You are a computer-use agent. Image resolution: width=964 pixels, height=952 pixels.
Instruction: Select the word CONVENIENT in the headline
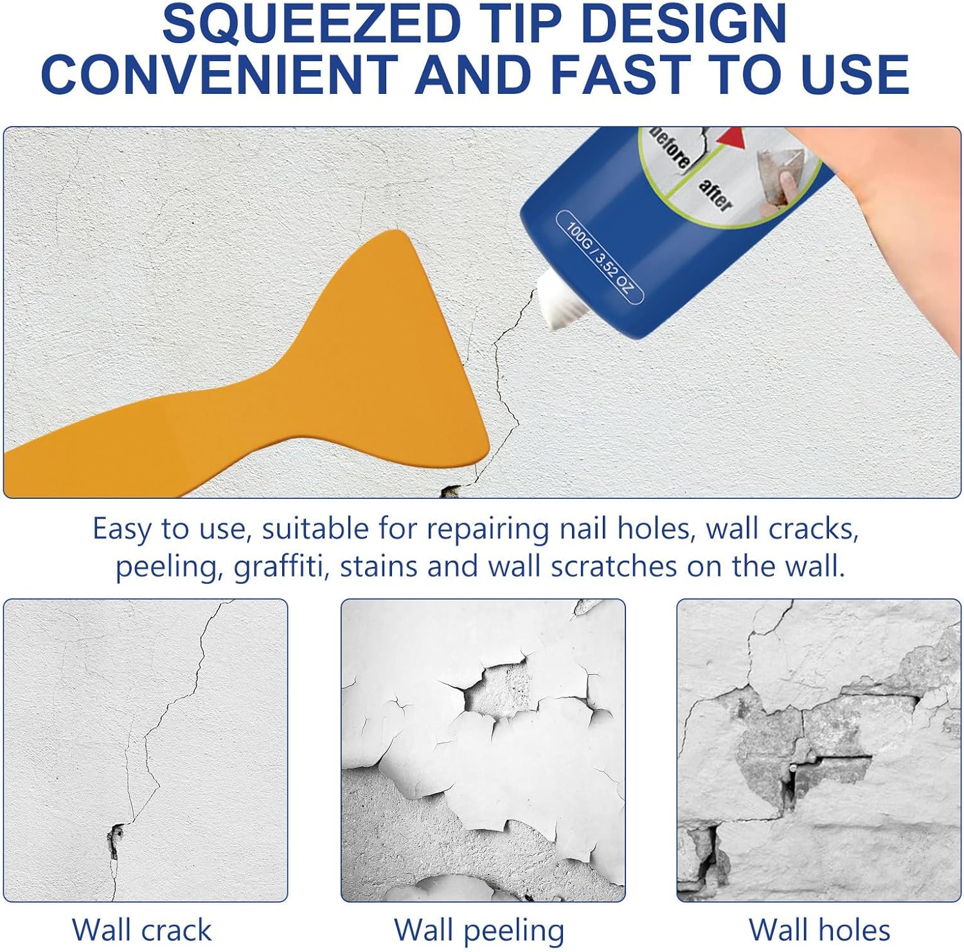219,74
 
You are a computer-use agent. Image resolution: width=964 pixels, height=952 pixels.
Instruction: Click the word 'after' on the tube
715,195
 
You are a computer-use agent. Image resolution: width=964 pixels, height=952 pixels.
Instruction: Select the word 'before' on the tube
668,148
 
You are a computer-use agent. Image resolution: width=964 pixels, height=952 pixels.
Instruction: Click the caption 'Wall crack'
141,930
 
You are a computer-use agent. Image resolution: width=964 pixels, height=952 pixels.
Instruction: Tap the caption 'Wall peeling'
479,930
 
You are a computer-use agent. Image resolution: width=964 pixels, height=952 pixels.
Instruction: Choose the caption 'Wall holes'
819,930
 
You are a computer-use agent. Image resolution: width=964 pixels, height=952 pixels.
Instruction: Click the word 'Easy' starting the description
122,529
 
